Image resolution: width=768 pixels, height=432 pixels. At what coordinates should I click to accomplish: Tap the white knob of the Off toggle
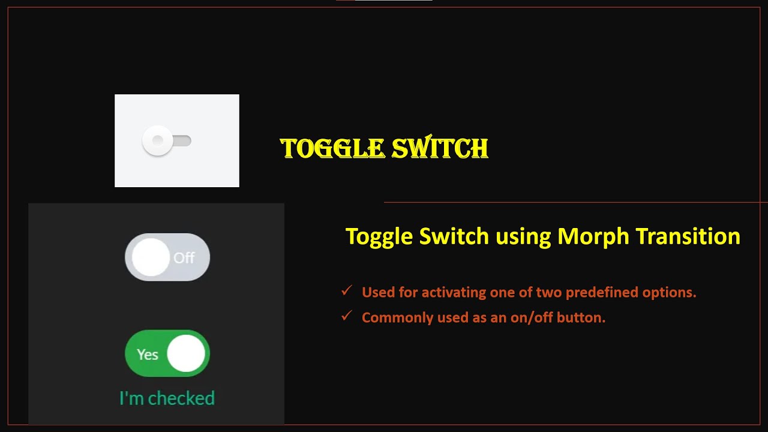pyautogui.click(x=150, y=257)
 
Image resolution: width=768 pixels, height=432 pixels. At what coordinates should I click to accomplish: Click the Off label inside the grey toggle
pyautogui.click(x=184, y=258)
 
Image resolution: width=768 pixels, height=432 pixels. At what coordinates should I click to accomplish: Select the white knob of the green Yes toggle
pyautogui.click(x=186, y=353)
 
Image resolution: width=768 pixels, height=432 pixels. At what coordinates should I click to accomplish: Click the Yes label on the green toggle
pyautogui.click(x=148, y=355)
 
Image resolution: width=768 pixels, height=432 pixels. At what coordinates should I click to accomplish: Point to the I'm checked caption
pyautogui.click(x=167, y=398)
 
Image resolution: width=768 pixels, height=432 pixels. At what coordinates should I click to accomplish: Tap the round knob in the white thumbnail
pyautogui.click(x=157, y=140)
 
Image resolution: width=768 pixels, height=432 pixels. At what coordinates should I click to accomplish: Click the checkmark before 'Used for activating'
pyautogui.click(x=346, y=291)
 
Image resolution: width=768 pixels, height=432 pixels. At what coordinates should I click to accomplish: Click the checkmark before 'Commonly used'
pyautogui.click(x=346, y=316)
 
